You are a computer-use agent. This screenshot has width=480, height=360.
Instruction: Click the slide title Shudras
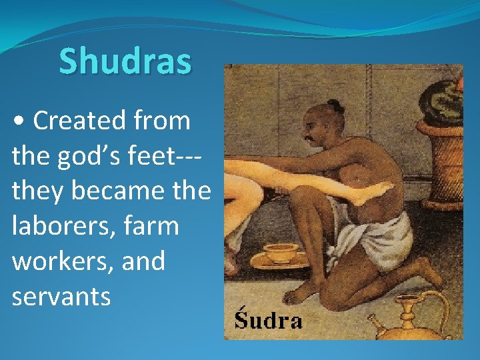coord(125,61)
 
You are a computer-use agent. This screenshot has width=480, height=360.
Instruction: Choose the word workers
coord(59,261)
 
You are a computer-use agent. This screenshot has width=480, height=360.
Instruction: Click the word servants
coord(61,296)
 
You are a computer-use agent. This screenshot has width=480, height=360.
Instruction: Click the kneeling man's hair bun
coord(335,106)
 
